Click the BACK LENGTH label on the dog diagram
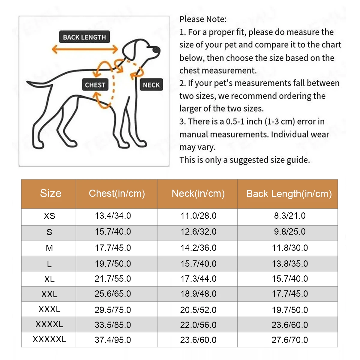(x=84, y=37)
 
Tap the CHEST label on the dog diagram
(x=95, y=85)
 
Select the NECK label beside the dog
(x=151, y=85)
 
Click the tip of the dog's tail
(x=28, y=82)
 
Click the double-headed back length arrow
(x=85, y=49)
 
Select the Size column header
(x=50, y=193)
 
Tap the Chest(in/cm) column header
(x=117, y=193)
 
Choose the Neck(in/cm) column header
(x=198, y=193)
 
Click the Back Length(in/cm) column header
(x=289, y=194)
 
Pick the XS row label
(x=49, y=216)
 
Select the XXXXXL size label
(x=49, y=339)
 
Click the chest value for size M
(x=113, y=248)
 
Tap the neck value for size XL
(x=198, y=279)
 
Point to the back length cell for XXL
(x=290, y=294)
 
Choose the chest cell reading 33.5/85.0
(x=113, y=325)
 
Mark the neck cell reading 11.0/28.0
(x=198, y=216)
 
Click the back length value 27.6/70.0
(x=290, y=340)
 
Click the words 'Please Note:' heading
(x=203, y=19)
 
